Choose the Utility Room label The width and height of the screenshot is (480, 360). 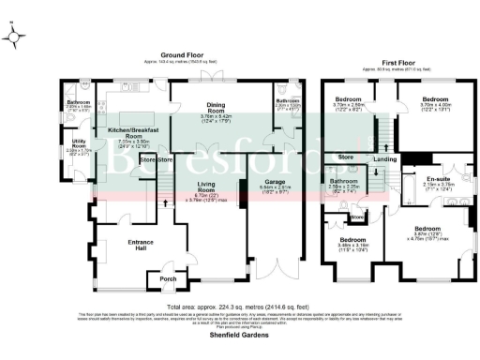(x=79, y=145)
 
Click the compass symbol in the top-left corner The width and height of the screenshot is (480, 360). (x=12, y=38)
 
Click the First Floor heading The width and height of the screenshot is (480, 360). (x=395, y=63)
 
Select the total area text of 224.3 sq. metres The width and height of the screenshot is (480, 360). (x=240, y=307)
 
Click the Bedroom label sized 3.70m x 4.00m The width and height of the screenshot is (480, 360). (x=436, y=97)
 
